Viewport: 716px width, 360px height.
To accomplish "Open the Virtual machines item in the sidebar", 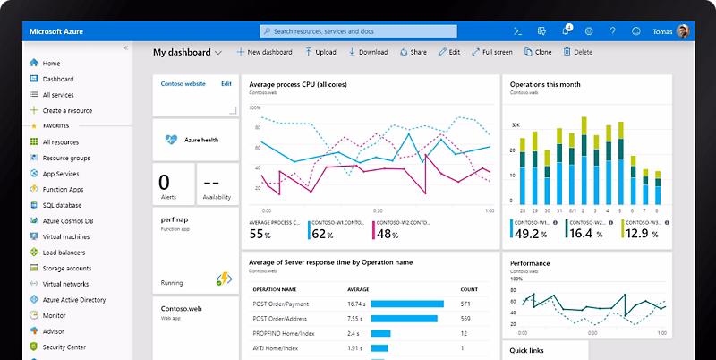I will tap(65, 236).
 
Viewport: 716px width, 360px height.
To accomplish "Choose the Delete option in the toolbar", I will tap(577, 52).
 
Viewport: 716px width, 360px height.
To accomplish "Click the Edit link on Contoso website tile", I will tap(226, 83).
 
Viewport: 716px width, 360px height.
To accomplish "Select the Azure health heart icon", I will tap(172, 140).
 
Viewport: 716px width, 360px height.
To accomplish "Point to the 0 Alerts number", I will tap(164, 180).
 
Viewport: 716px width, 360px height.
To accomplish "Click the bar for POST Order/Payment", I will tap(407, 304).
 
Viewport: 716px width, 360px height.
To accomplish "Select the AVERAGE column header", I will tap(359, 290).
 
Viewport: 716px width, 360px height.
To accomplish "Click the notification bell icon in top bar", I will tap(566, 30).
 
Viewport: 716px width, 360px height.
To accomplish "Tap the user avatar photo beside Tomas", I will tap(683, 30).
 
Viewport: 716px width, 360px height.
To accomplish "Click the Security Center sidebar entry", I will tap(64, 347).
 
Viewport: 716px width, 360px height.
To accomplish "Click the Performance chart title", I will tap(530, 263).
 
